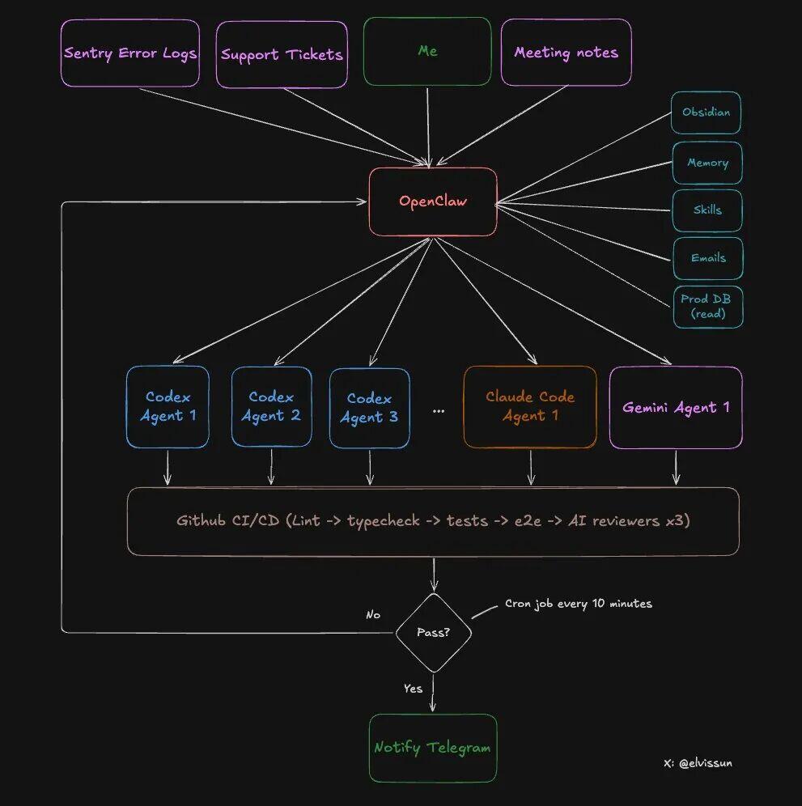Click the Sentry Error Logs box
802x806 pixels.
(129, 53)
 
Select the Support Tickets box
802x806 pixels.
(282, 54)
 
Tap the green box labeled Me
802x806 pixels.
(427, 51)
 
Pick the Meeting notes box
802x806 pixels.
(566, 53)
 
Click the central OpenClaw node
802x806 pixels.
(433, 201)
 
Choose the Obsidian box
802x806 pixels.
(706, 112)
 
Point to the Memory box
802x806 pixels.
(707, 163)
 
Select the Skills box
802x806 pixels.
(707, 210)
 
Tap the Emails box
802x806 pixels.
(708, 258)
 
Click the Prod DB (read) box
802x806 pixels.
(708, 306)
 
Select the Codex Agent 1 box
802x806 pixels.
(168, 406)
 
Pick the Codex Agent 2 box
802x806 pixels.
(271, 406)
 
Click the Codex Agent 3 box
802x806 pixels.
(369, 408)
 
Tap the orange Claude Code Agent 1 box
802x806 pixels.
(530, 406)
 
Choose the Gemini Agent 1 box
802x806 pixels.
(676, 407)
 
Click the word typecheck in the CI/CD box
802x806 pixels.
(383, 521)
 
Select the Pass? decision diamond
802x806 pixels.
(434, 633)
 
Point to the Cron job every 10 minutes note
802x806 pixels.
(578, 604)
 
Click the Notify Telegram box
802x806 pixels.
(432, 748)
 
